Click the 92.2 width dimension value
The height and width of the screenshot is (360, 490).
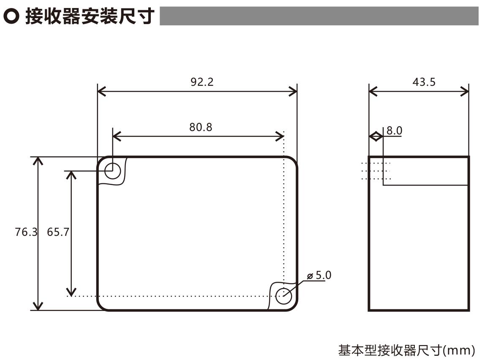[202, 82]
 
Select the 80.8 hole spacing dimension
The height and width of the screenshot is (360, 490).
[201, 127]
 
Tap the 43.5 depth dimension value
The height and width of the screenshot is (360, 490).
[424, 82]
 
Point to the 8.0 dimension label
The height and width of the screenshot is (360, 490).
[394, 131]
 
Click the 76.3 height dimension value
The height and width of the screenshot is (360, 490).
[26, 232]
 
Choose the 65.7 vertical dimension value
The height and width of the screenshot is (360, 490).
[58, 232]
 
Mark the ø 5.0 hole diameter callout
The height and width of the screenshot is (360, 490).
[320, 275]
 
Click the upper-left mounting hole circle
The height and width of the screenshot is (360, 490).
[112, 171]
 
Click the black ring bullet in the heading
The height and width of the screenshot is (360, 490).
[11, 16]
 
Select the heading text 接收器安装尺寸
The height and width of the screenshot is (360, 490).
[89, 16]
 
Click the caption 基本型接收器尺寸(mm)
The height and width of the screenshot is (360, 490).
[407, 350]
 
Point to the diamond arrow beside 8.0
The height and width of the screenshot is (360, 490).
[376, 136]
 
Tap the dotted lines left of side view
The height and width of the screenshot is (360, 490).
[376, 171]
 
